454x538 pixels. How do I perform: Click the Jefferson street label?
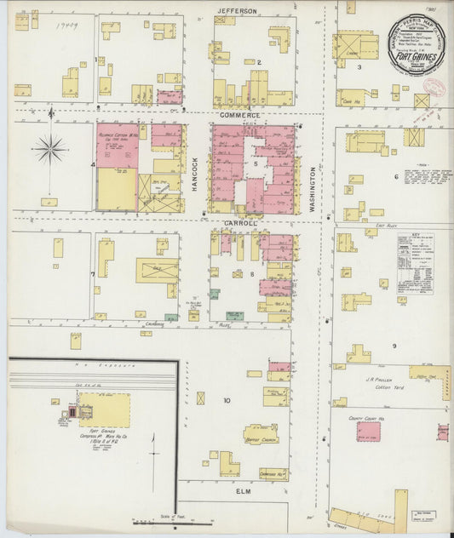pyautogui.click(x=237, y=10)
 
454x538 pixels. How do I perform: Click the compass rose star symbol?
pyautogui.click(x=50, y=149)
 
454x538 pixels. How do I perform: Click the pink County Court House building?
pyautogui.click(x=369, y=432)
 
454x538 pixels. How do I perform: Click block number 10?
pyautogui.click(x=227, y=400)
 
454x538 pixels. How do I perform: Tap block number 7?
pyautogui.click(x=92, y=275)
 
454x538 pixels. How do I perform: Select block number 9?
pyautogui.click(x=394, y=346)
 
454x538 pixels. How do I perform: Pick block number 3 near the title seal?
pyautogui.click(x=359, y=66)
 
